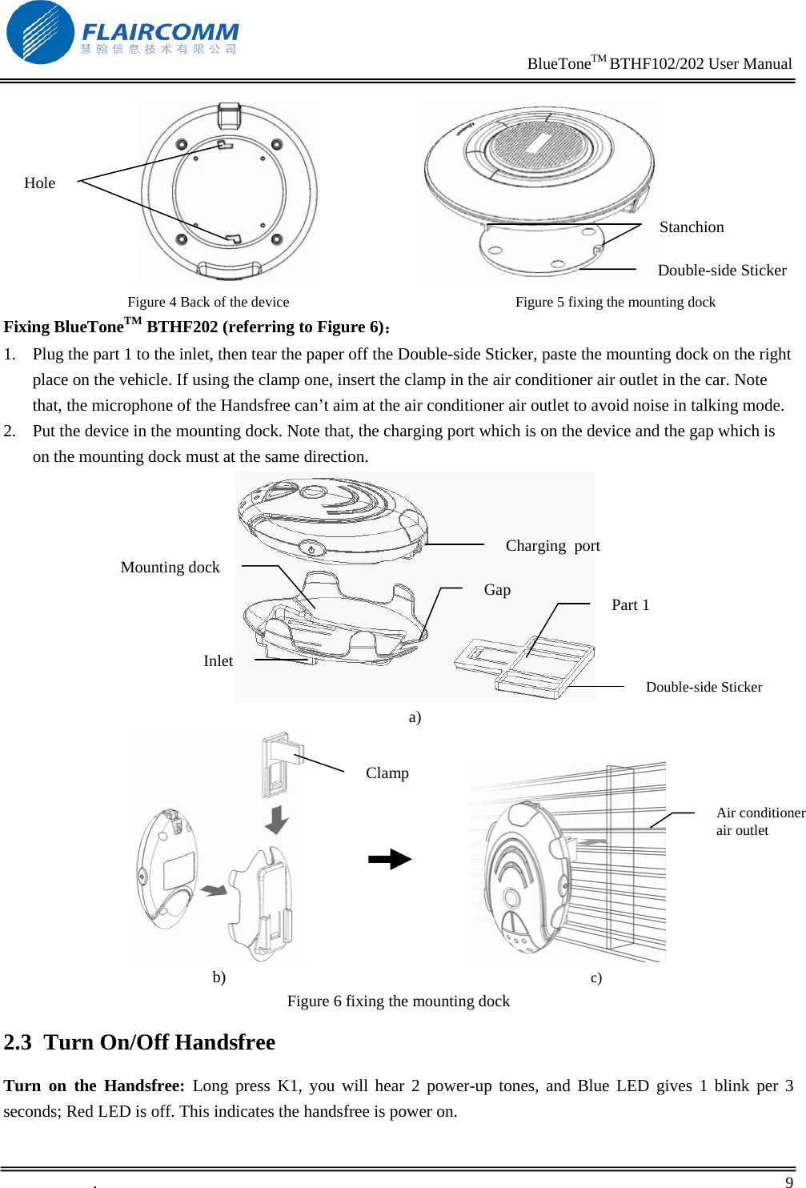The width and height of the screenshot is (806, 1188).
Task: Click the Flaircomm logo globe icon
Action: click(40, 33)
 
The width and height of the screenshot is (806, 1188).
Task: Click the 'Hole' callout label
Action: click(39, 183)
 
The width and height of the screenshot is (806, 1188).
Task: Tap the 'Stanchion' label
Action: click(691, 227)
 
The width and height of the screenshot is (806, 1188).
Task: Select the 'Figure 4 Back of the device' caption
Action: click(208, 302)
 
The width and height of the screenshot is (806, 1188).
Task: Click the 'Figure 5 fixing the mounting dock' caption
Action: click(615, 302)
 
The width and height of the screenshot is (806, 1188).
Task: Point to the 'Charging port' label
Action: click(552, 546)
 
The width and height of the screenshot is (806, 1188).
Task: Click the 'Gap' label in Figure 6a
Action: click(497, 590)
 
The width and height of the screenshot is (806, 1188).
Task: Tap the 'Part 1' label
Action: click(630, 605)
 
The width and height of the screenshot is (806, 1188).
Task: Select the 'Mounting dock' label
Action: click(170, 568)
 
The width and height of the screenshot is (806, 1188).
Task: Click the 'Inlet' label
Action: click(218, 661)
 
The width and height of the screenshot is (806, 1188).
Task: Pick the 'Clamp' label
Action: click(387, 773)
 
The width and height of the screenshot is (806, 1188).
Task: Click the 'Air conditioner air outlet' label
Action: click(759, 821)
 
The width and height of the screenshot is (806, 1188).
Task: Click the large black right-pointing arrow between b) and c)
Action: click(390, 860)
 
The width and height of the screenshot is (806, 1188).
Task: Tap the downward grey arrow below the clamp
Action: click(276, 820)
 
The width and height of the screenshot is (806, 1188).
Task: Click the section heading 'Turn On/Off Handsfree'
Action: click(159, 1042)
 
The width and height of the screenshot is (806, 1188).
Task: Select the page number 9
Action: click(788, 1182)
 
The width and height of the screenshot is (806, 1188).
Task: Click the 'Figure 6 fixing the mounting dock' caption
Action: click(398, 1001)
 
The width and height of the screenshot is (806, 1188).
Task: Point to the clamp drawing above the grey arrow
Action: click(279, 765)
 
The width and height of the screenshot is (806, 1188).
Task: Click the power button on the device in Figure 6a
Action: click(312, 548)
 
